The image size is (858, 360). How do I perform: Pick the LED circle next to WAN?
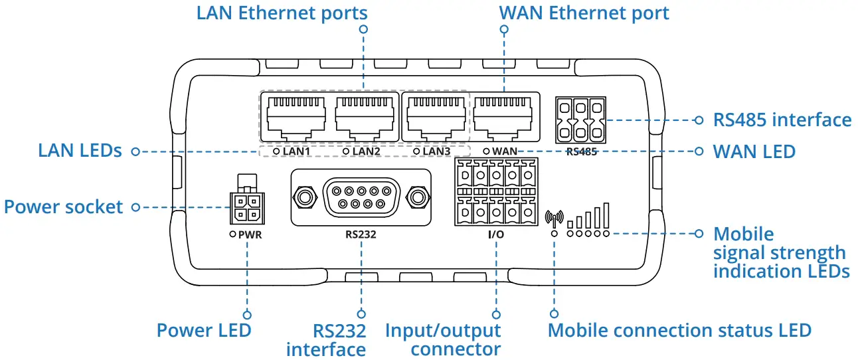tap(487, 151)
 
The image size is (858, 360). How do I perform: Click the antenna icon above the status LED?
tap(554, 218)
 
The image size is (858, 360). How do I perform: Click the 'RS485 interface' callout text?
tap(782, 120)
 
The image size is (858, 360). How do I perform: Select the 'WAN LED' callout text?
tap(754, 151)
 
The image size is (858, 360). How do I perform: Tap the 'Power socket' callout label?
tap(64, 207)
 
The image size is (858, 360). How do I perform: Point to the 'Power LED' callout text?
tap(204, 330)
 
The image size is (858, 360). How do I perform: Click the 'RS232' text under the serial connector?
tap(361, 234)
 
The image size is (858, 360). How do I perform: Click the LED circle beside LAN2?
tap(345, 151)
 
